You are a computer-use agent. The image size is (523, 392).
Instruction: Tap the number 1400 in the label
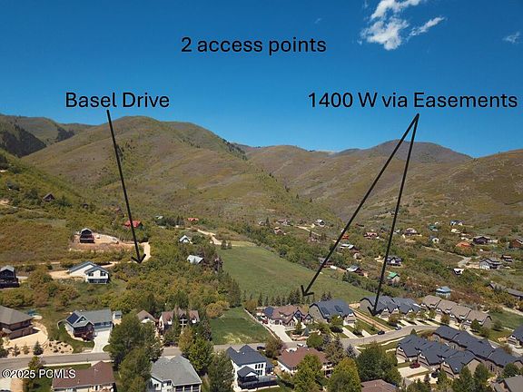pyautogui.click(x=331, y=100)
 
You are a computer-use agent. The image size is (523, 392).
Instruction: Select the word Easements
pyautogui.click(x=466, y=100)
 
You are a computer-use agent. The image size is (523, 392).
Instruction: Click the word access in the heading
pyautogui.click(x=230, y=45)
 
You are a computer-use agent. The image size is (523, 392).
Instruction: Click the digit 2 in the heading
pyautogui.click(x=186, y=45)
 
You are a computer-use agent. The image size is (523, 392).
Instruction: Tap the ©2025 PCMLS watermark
pyautogui.click(x=38, y=374)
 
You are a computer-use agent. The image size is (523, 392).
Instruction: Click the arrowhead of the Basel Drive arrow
pyautogui.click(x=139, y=259)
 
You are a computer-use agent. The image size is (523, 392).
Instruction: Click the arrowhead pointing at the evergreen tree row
pyautogui.click(x=306, y=290)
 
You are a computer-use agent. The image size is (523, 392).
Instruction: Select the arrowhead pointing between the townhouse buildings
pyautogui.click(x=374, y=311)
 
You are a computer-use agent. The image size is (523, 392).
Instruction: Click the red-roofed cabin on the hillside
pyautogui.click(x=133, y=223)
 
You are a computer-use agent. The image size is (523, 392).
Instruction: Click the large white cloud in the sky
pyautogui.click(x=397, y=24)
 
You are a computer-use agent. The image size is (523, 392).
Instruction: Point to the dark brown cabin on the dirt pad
pyautogui.click(x=86, y=236)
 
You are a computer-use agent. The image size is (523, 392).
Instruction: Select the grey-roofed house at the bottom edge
pyautogui.click(x=174, y=374)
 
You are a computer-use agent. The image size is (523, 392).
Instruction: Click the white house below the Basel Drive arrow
pyautogui.click(x=90, y=272)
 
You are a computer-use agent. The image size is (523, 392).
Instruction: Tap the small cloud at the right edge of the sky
pyautogui.click(x=513, y=37)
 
